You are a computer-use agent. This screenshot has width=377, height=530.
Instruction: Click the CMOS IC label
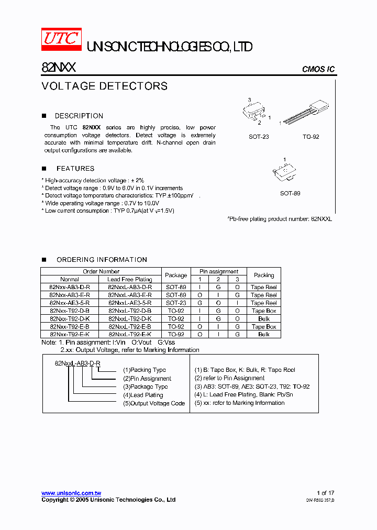tap(318, 70)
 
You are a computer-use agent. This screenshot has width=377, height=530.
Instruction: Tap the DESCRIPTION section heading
tap(79, 116)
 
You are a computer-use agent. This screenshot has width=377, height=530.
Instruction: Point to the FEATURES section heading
tap(75, 169)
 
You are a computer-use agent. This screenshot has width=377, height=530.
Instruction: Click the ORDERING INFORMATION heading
tap(102, 260)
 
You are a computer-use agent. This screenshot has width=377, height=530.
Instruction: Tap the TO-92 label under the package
tap(311, 137)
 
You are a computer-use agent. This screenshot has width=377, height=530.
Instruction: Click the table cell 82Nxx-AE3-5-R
tap(70, 303)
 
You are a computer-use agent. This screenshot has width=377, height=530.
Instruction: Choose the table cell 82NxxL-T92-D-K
tap(130, 318)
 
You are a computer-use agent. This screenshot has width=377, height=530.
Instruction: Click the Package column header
tap(176, 275)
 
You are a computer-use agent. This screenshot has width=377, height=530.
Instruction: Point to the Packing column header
tap(264, 275)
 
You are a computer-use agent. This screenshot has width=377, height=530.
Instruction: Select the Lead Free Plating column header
tap(130, 279)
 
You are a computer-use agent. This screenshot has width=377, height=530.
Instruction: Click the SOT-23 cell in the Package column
tap(176, 303)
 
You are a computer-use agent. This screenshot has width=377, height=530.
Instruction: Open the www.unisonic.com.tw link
tap(71, 493)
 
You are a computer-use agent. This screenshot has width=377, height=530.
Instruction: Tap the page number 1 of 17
tap(325, 493)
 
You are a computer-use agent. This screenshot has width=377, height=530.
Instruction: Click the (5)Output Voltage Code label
tap(154, 403)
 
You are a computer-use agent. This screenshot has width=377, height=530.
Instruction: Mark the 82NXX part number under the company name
tap(59, 68)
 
